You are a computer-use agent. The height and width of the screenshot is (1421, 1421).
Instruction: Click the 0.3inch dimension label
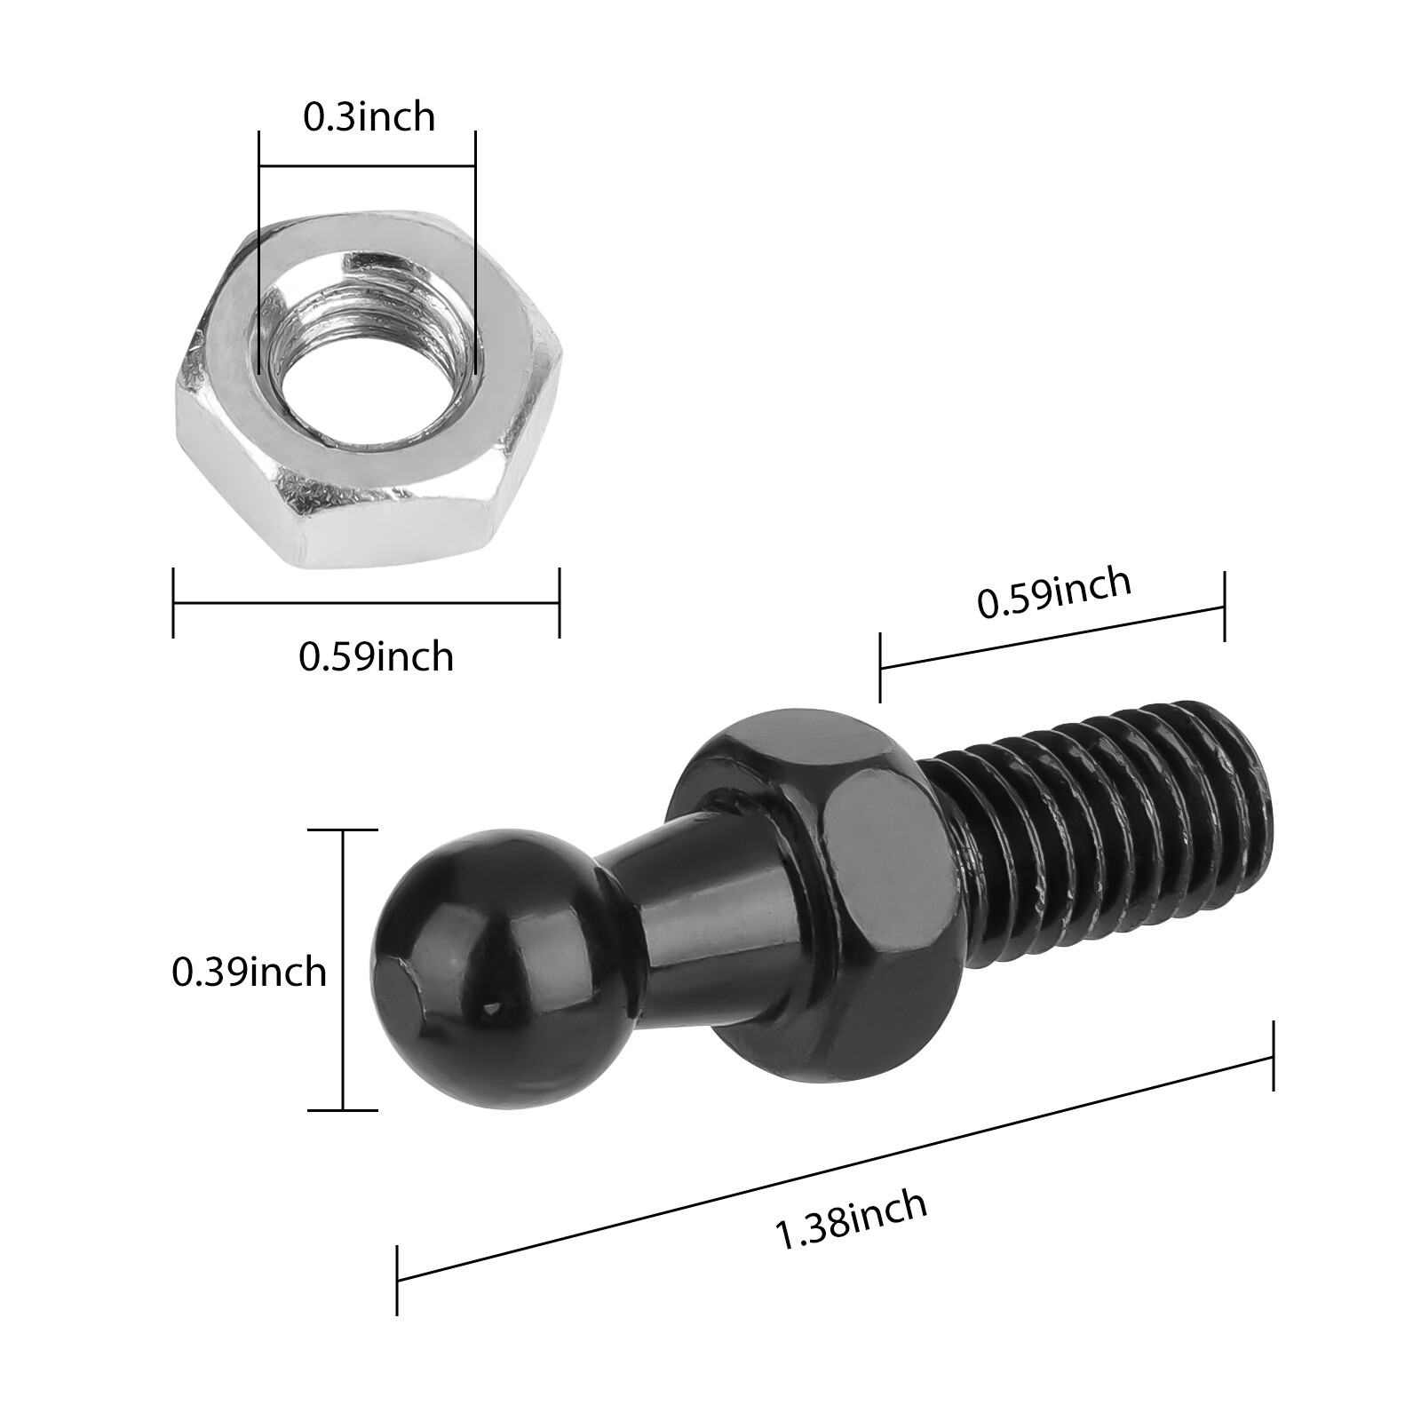point(369,117)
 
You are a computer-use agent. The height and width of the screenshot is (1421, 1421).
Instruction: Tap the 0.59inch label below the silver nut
point(376,657)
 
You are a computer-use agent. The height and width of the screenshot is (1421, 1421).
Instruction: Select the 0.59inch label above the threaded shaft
point(1054,592)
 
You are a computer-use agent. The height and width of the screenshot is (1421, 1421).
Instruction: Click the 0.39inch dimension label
point(249,972)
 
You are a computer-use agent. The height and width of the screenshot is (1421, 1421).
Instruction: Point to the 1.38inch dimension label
point(851,1220)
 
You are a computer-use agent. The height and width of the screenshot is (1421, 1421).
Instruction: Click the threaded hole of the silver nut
point(366,355)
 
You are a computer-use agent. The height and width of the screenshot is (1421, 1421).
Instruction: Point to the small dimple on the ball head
point(491,1008)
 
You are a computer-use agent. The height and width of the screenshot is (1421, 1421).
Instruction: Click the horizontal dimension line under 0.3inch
point(367,165)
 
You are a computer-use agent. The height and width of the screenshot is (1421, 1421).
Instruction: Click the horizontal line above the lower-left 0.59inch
point(366,603)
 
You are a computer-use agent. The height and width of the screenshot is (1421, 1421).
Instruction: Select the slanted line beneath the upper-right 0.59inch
point(1052,636)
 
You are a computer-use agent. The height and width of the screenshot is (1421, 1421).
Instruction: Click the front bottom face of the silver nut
point(391,524)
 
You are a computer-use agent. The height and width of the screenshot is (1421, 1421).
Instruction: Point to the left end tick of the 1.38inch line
point(397,1280)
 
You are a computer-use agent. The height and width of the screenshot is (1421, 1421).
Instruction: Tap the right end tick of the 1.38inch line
point(1274,1056)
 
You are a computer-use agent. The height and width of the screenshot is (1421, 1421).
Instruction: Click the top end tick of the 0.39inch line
point(343,830)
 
